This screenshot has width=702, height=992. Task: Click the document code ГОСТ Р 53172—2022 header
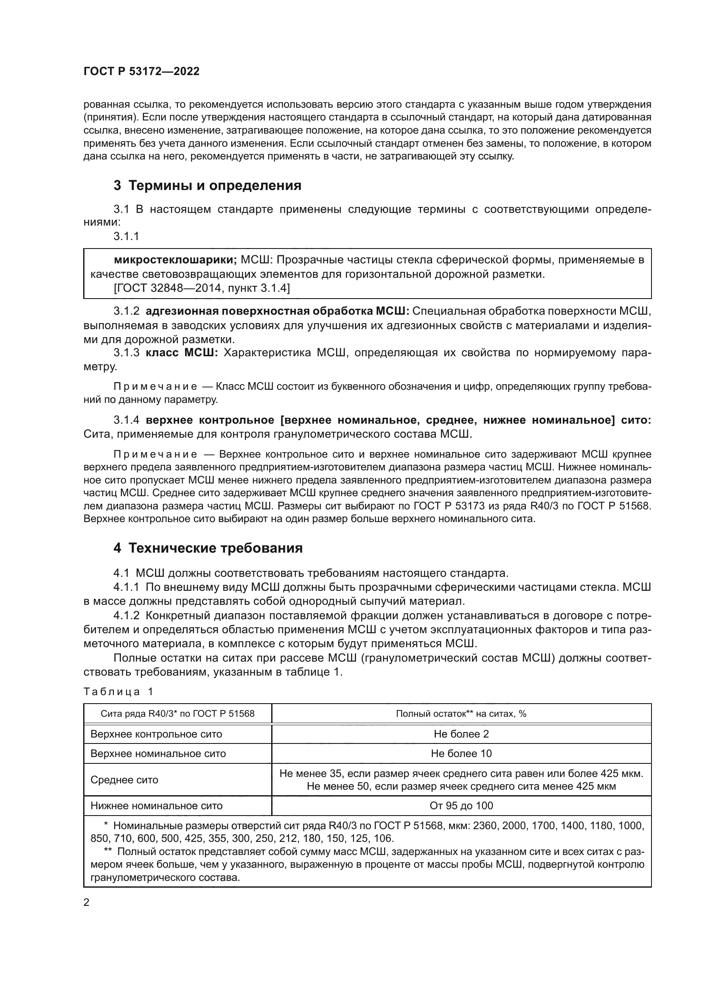pyautogui.click(x=141, y=72)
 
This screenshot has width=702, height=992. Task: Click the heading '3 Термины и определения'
pyautogui.click(x=208, y=186)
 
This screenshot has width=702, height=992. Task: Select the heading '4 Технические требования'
pyautogui.click(x=208, y=548)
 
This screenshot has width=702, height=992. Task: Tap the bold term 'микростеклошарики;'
pyautogui.click(x=175, y=260)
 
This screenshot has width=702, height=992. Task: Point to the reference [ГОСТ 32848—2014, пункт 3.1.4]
pyautogui.click(x=202, y=288)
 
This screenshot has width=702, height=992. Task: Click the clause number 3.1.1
pyautogui.click(x=126, y=236)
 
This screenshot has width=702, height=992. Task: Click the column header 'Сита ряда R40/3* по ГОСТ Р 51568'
pyautogui.click(x=178, y=714)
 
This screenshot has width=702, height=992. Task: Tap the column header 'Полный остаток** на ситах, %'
pyautogui.click(x=461, y=714)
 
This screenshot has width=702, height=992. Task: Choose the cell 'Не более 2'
pyautogui.click(x=461, y=734)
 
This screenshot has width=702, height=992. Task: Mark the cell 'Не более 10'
pyautogui.click(x=461, y=754)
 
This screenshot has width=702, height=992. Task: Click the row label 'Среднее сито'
pyautogui.click(x=124, y=780)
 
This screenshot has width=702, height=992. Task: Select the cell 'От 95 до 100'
pyautogui.click(x=461, y=806)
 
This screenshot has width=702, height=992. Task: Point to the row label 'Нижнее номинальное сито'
pyautogui.click(x=157, y=806)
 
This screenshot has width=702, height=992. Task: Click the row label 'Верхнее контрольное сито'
pyautogui.click(x=156, y=734)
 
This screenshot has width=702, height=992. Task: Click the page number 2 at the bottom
pyautogui.click(x=87, y=903)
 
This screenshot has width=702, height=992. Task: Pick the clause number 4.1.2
pyautogui.click(x=126, y=616)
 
